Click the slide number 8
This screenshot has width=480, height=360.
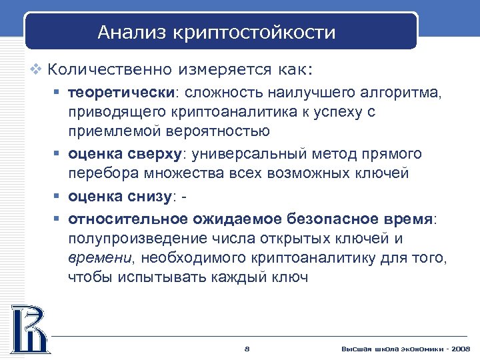tap(247, 349)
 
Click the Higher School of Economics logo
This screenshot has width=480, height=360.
tap(29, 328)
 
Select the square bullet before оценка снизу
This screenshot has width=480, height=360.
tap(57, 196)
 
